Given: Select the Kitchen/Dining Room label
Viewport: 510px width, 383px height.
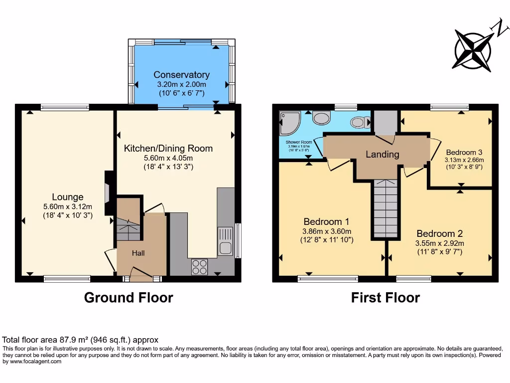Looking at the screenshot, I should [x=168, y=148].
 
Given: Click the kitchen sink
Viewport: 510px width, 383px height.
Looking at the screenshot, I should [x=225, y=240].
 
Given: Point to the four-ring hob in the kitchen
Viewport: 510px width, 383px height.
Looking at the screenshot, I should [x=200, y=267].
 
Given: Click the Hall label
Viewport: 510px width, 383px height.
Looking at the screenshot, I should [x=138, y=253].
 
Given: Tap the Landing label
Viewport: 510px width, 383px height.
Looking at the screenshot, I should [x=382, y=154].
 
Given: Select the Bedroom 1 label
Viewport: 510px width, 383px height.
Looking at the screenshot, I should [x=326, y=221].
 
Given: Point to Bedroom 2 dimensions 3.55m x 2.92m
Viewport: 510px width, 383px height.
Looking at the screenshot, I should [x=440, y=243].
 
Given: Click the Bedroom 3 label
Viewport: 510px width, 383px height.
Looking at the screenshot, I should [x=464, y=152].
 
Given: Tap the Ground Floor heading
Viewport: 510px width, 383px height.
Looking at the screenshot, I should [x=128, y=298].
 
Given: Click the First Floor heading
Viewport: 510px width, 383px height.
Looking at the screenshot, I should [x=385, y=298].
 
